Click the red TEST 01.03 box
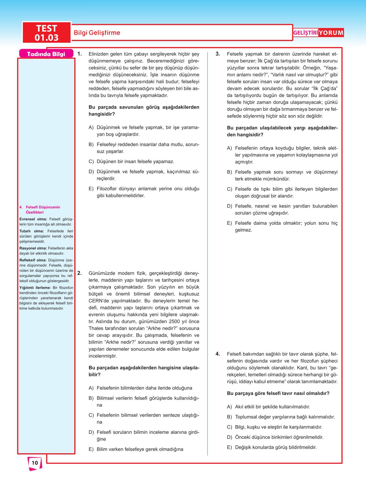[47, 33]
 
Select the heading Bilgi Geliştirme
[97, 33]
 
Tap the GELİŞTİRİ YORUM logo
[318, 33]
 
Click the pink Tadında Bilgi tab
[46, 54]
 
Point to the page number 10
[35, 463]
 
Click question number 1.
[80, 54]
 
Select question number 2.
[80, 273]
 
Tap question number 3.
[218, 54]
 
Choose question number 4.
[218, 354]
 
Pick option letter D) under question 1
[91, 172]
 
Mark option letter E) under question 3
[229, 223]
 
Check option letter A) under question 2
[91, 388]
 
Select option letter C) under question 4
[229, 427]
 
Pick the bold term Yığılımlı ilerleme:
[35, 288]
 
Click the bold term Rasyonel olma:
[33, 248]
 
